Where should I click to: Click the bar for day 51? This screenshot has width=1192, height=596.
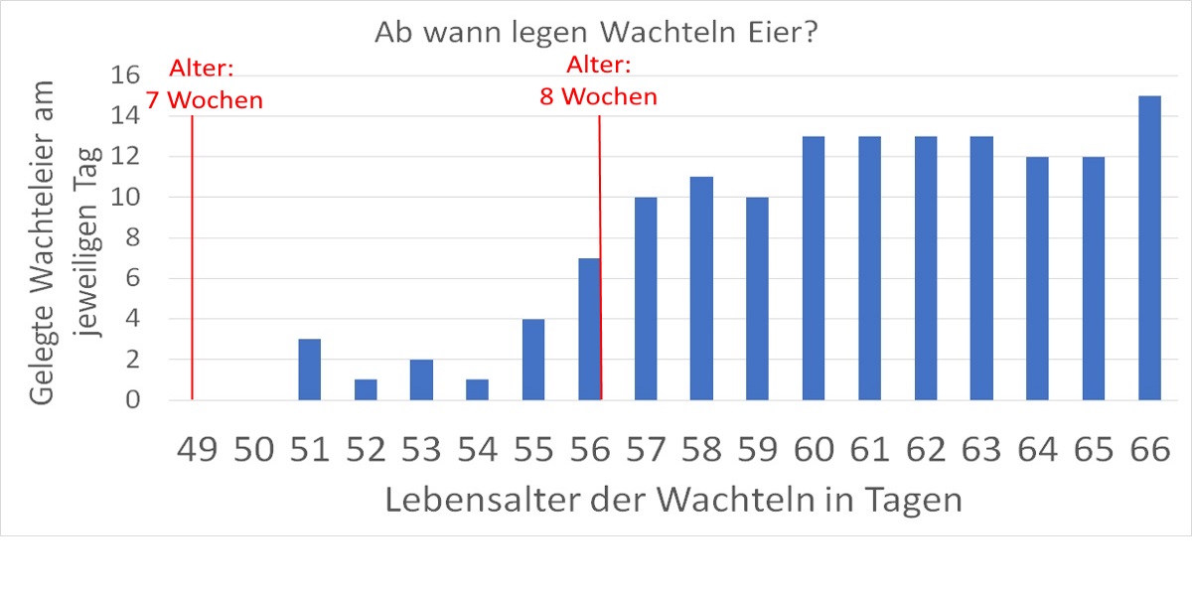click(309, 370)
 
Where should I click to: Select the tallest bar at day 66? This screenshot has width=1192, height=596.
click(1149, 248)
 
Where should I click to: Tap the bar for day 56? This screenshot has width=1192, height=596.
click(588, 329)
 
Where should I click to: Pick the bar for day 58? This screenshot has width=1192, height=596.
click(701, 288)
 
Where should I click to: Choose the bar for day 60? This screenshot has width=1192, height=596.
click(813, 268)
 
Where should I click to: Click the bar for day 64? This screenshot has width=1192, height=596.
click(1037, 278)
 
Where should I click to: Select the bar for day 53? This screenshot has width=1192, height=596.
click(421, 379)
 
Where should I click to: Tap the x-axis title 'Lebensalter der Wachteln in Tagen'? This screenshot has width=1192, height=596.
click(673, 499)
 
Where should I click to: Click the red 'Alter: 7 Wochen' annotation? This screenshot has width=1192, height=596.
click(205, 84)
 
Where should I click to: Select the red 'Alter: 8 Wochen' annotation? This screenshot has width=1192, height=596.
click(599, 81)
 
